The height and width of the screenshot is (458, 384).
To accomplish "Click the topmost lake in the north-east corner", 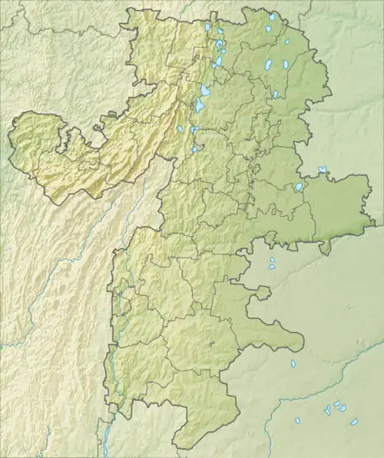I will (272, 16).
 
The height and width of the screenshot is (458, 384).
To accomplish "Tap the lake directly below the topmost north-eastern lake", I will (268, 29).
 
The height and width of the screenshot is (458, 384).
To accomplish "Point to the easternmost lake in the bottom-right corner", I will (354, 421).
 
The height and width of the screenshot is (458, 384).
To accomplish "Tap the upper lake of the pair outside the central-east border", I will (271, 261).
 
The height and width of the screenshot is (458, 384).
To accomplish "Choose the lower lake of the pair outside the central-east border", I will (273, 268).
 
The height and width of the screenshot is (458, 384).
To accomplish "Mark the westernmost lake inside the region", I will (180, 129).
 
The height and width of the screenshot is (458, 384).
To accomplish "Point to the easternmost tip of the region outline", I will (375, 224).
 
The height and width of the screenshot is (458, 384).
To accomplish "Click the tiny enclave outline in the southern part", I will (210, 343).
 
